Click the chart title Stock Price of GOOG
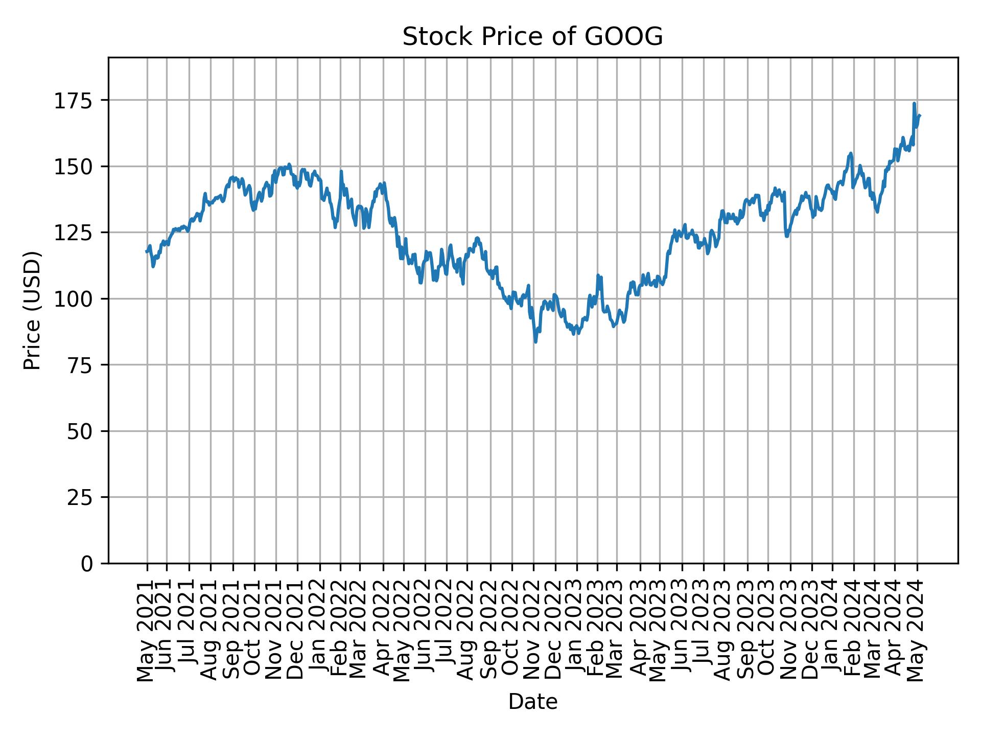click(532, 37)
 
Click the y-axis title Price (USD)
click(32, 310)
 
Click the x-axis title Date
click(532, 702)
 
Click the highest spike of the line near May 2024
click(914, 104)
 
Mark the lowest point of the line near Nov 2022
click(535, 341)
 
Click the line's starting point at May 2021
click(147, 251)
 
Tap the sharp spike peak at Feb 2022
click(341, 172)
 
